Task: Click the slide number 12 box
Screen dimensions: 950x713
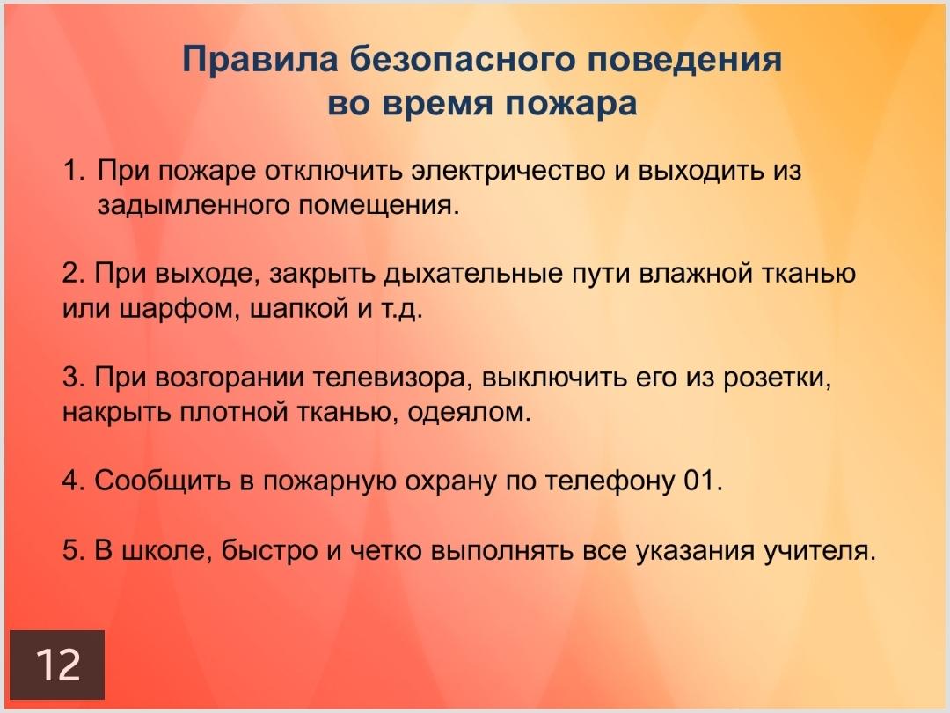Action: pos(57,665)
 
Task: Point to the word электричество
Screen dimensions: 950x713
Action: pos(508,171)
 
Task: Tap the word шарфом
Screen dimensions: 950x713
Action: pos(177,309)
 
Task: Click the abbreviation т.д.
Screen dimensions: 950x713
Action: pos(401,309)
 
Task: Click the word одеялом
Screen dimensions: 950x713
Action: pos(469,413)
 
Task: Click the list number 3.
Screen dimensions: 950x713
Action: pos(73,378)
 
